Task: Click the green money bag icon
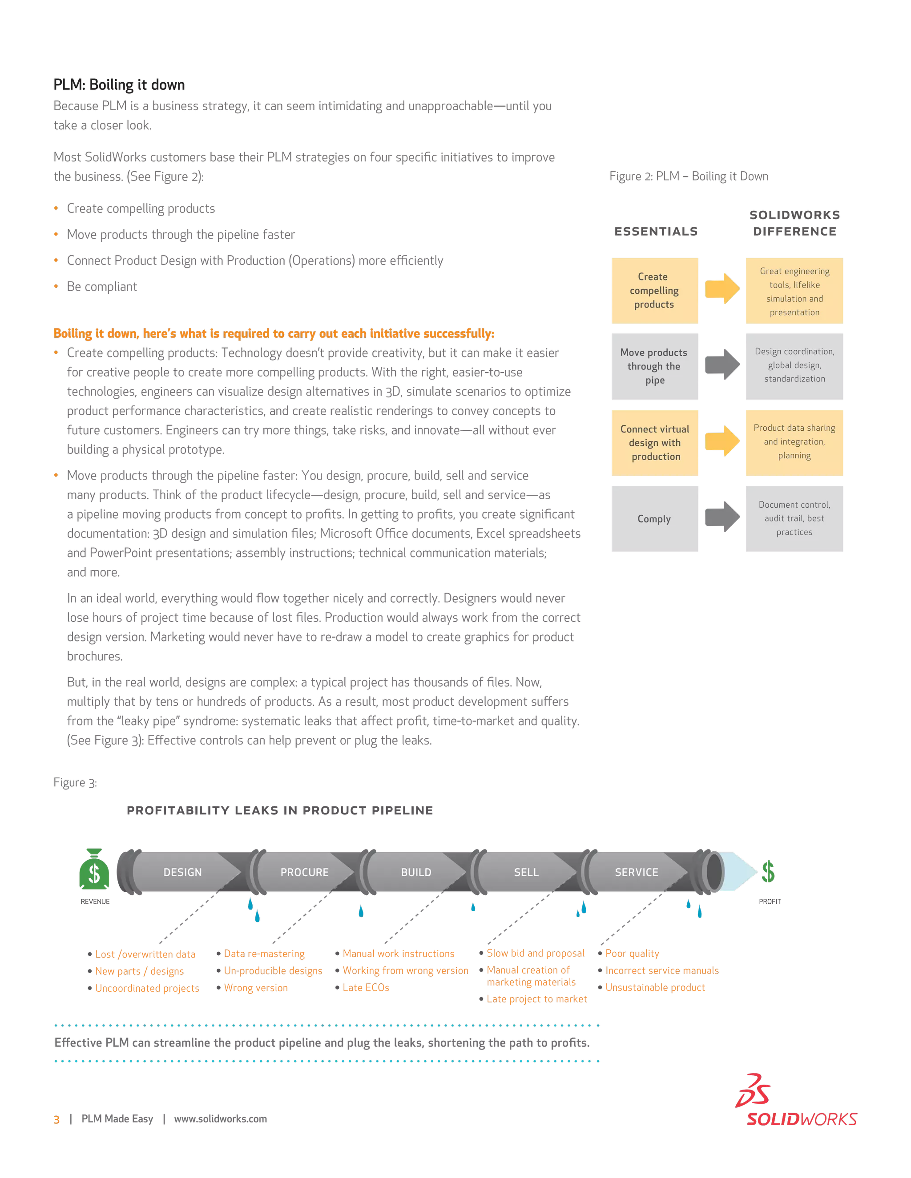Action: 94,869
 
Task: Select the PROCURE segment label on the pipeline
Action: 304,872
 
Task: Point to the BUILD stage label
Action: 416,872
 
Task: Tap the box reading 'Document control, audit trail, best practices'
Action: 794,518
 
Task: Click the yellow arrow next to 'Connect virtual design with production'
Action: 722,442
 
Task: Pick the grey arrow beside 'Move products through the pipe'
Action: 722,365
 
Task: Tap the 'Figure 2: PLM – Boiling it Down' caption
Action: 688,176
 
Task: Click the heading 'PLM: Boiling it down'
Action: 119,84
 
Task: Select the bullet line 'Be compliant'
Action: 102,286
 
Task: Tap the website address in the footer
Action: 220,1119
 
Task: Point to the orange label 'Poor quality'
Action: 632,953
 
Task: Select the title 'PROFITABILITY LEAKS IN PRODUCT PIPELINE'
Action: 279,810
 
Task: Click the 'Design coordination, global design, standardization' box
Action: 794,365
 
